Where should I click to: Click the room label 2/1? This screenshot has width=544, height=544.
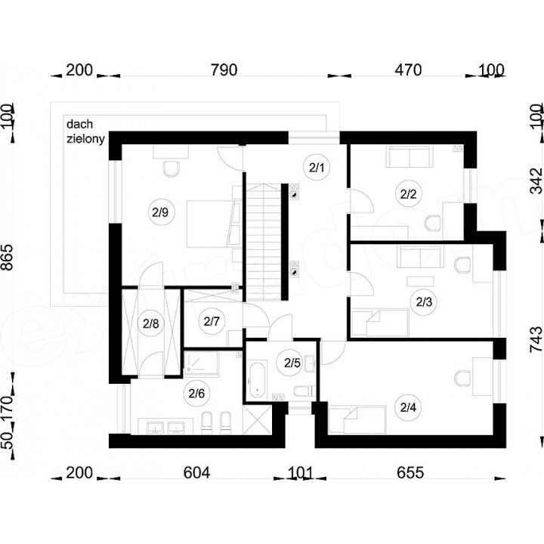coord(317,168)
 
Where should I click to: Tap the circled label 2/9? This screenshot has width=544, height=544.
coord(160,212)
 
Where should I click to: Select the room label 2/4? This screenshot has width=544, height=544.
coord(408,407)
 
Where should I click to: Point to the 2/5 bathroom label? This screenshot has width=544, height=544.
coord(292,363)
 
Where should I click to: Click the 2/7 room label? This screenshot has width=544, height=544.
coord(212,322)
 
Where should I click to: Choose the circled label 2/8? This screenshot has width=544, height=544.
coord(150,323)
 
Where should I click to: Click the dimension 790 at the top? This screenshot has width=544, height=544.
coord(224,70)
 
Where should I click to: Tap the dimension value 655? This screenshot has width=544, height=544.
coord(410,472)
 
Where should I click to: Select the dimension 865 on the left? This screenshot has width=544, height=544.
coord(7,257)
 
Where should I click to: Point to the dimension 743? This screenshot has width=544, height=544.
coord(536,339)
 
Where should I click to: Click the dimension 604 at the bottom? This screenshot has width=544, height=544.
coord(196,472)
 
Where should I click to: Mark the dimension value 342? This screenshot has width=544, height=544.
coord(536,181)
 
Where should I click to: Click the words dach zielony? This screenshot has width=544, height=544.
coord(85,131)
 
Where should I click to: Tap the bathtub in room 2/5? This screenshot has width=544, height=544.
coord(257,379)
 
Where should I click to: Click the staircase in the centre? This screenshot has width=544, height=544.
coord(264,242)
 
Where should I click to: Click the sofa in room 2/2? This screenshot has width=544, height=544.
coord(410,156)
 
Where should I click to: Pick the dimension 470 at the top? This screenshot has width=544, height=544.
coord(408,70)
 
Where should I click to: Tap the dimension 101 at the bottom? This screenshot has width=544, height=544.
coord(301,472)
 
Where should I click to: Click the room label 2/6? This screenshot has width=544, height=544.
coord(196,394)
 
